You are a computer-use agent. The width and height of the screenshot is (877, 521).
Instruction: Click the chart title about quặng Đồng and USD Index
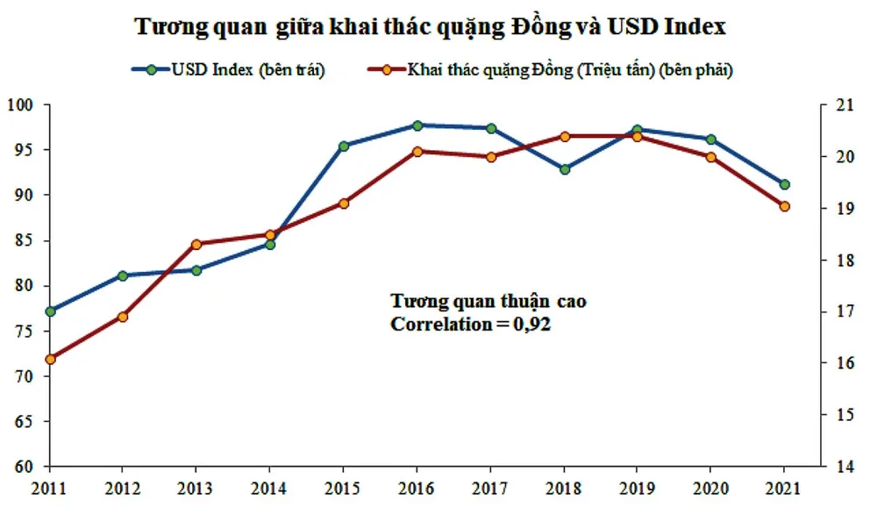(430, 27)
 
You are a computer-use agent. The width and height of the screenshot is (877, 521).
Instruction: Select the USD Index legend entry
(228, 71)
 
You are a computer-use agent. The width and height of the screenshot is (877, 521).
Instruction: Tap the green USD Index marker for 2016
(417, 125)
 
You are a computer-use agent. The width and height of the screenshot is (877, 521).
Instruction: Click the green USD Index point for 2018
(565, 169)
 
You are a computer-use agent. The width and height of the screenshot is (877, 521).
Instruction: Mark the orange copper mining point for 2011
(50, 359)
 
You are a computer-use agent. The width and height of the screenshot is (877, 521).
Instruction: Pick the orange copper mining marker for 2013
(196, 244)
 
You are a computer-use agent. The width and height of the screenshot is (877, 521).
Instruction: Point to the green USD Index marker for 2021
(785, 184)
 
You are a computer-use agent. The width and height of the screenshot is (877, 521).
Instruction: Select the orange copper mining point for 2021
(785, 207)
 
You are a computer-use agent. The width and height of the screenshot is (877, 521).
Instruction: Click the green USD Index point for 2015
(344, 146)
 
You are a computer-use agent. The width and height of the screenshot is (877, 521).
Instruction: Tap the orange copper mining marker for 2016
(417, 152)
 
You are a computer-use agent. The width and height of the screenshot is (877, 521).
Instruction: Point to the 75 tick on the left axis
(23, 332)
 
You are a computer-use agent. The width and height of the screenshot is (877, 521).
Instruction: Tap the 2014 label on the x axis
(270, 489)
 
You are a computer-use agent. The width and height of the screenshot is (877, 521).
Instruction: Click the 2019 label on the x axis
(638, 489)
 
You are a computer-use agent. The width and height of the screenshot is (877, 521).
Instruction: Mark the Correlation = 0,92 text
(471, 325)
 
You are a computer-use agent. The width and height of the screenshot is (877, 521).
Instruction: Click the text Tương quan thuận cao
(488, 301)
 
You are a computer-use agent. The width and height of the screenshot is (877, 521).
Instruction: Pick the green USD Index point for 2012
(124, 275)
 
